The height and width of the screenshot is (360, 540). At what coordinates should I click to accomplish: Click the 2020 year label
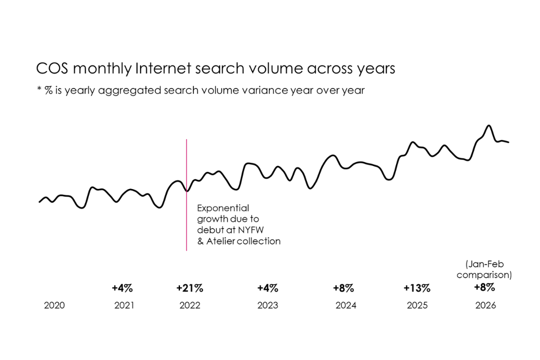54,305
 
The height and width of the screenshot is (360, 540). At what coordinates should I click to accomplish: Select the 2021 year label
124,305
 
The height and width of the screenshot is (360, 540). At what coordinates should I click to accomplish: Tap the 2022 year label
189,305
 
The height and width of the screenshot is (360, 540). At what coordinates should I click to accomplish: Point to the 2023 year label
268,305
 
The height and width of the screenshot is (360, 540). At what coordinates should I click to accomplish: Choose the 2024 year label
346,305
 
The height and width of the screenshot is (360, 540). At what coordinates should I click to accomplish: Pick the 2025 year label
417,305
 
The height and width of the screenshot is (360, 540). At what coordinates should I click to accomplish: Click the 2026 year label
485,305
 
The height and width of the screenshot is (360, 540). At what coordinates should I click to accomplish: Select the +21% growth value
189,288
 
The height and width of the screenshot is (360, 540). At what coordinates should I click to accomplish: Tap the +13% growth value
417,288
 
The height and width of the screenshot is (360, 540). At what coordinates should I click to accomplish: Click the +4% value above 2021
122,288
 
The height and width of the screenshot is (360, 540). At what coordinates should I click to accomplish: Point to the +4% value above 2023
267,288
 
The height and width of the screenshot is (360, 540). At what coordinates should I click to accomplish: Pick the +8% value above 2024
343,288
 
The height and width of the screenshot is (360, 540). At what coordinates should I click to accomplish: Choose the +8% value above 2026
484,287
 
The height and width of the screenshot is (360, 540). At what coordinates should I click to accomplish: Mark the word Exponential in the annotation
223,208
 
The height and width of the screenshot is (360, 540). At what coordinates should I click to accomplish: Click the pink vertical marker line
186,220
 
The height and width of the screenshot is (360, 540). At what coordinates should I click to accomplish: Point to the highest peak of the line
488,125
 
